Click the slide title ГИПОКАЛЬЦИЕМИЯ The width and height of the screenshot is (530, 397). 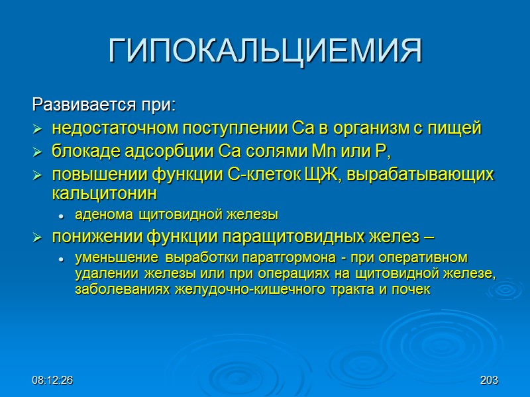265,51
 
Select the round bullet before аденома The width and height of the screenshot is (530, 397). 60,215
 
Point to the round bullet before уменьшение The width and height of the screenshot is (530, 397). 60,258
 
